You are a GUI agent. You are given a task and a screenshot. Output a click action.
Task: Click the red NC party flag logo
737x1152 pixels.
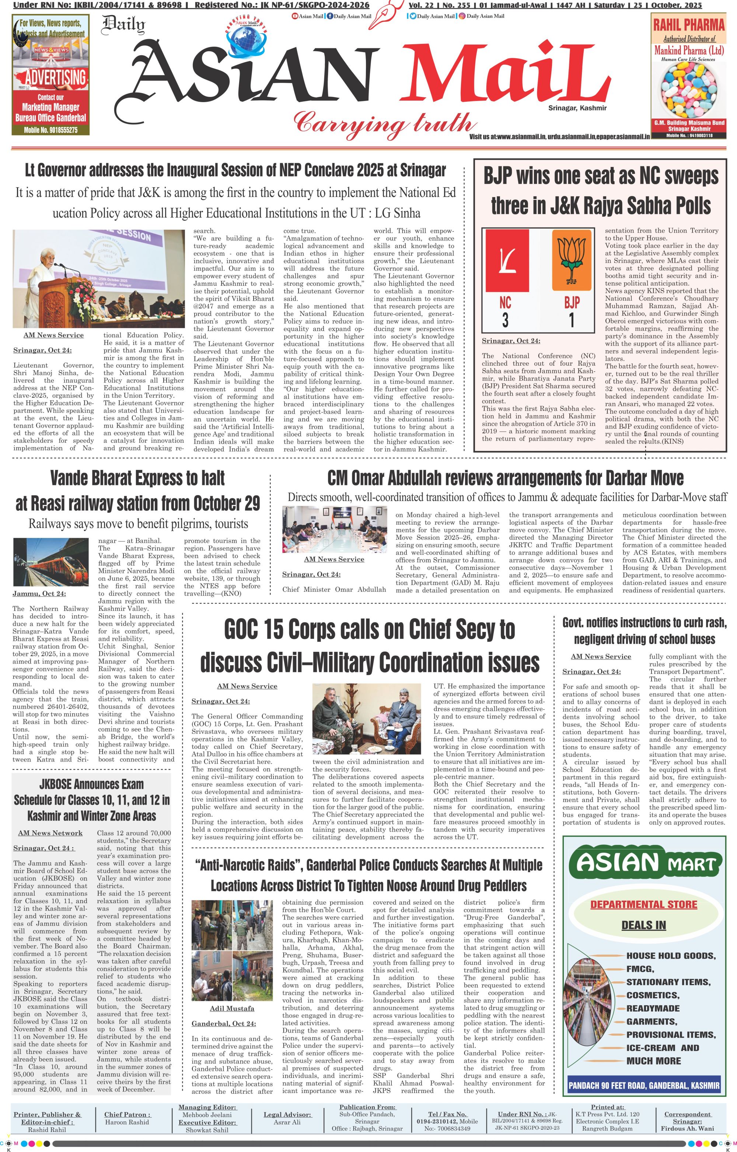coord(507,261)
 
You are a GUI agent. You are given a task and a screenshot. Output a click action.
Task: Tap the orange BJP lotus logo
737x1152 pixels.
coord(572,261)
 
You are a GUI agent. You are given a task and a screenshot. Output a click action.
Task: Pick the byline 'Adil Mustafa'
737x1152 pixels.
coord(232,1009)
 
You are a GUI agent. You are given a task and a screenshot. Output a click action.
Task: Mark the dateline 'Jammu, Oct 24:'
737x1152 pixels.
coord(39,594)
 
